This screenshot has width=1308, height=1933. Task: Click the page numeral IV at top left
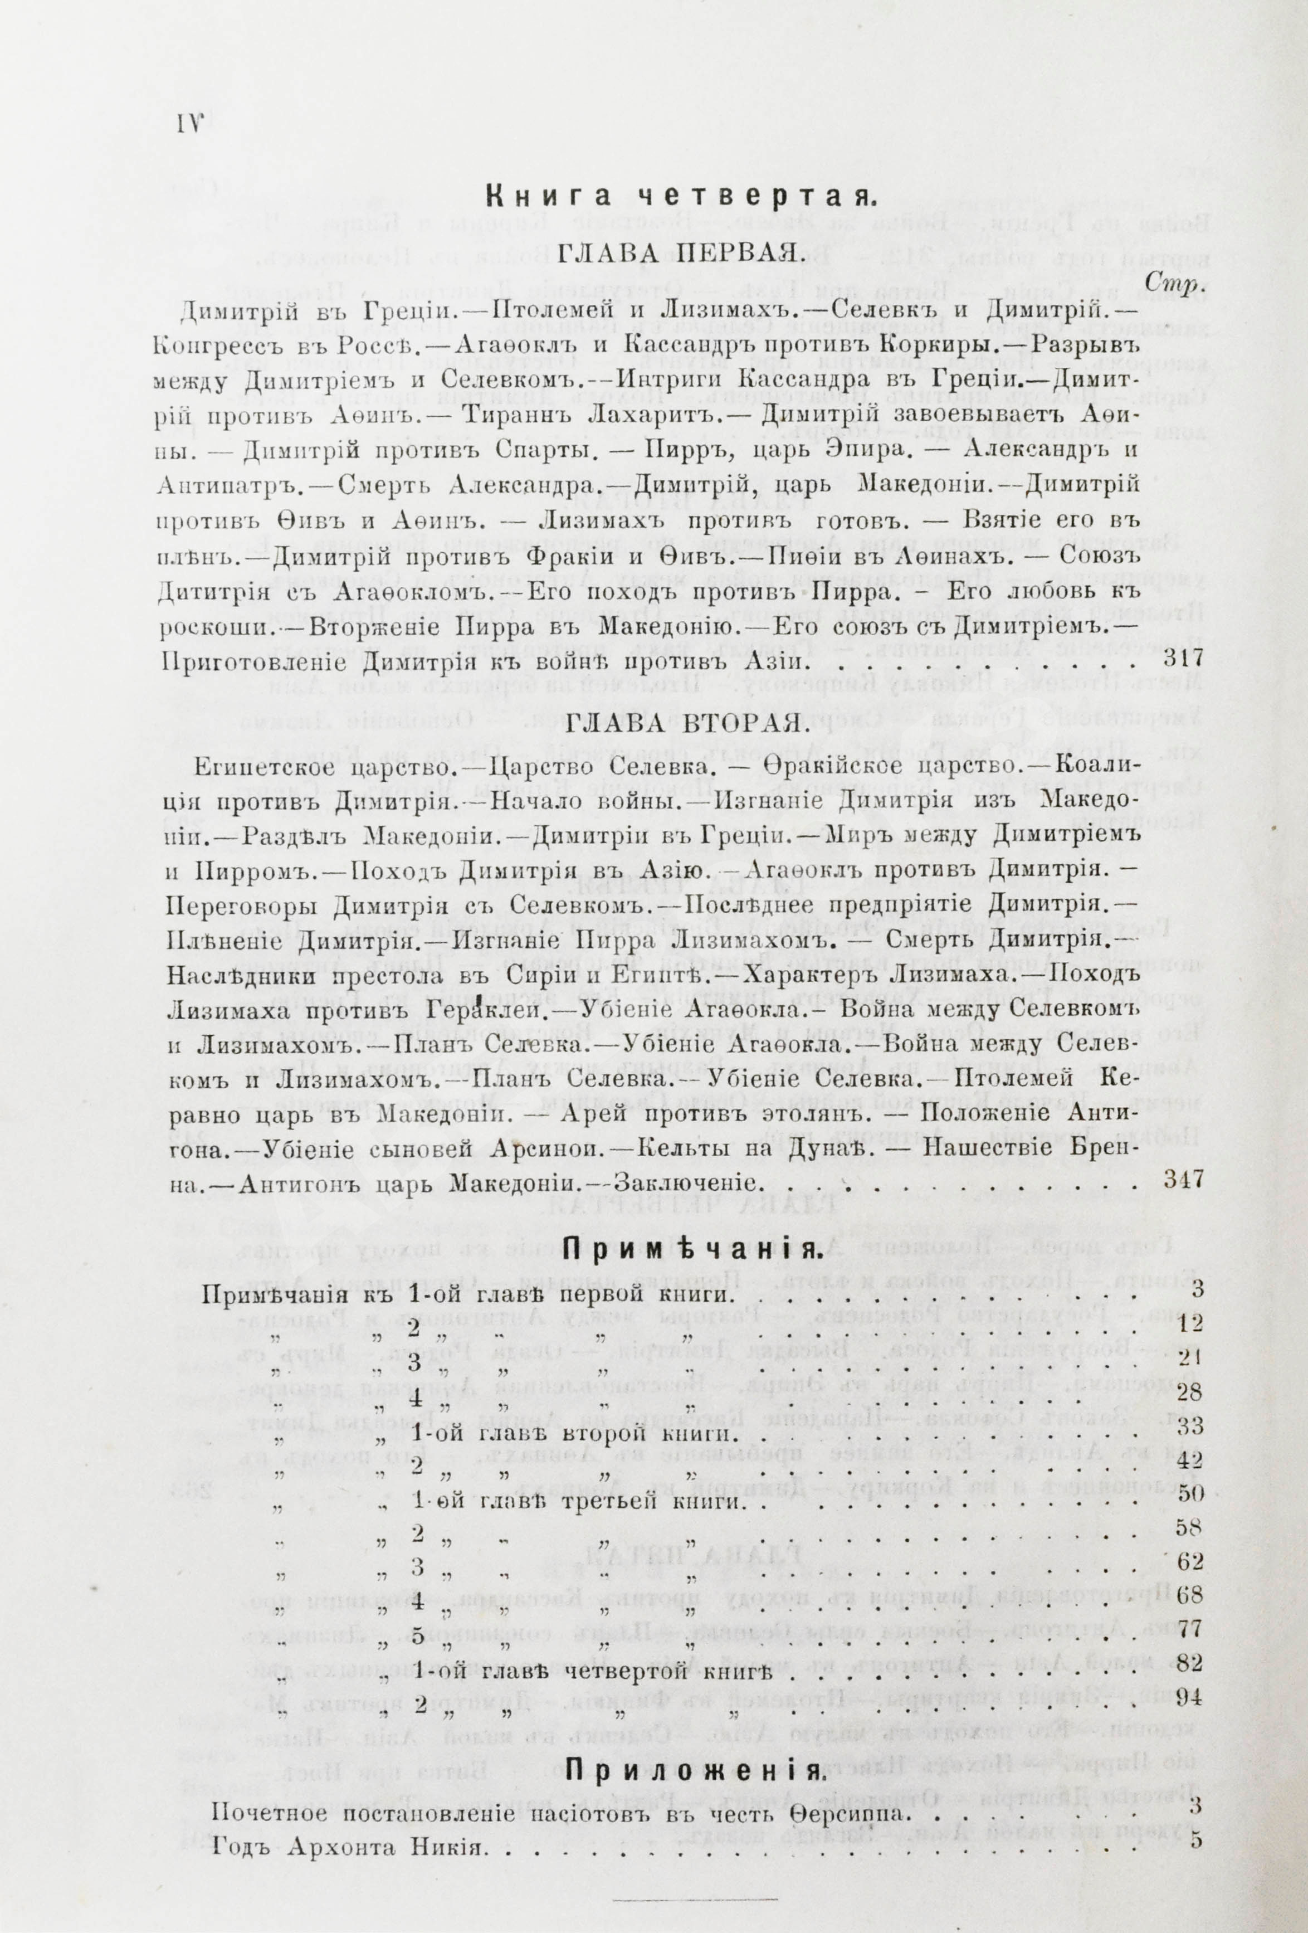pos(191,125)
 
